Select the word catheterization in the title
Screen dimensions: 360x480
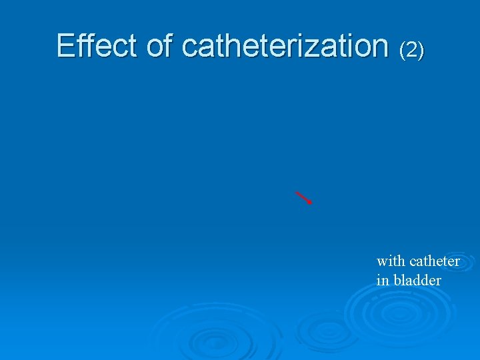point(285,45)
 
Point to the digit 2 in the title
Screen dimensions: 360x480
point(411,49)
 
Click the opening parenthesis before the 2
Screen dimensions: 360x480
point(402,49)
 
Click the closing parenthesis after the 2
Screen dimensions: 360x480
point(421,49)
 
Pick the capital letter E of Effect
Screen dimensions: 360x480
point(65,45)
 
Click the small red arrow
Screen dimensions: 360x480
point(304,197)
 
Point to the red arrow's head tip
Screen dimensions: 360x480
point(311,203)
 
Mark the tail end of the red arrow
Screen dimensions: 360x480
point(296,192)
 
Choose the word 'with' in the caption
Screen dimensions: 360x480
point(391,261)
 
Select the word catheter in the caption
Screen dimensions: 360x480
point(435,261)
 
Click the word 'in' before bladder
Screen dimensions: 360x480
point(382,281)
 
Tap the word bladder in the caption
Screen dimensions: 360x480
point(417,281)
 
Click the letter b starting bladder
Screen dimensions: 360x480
point(397,281)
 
